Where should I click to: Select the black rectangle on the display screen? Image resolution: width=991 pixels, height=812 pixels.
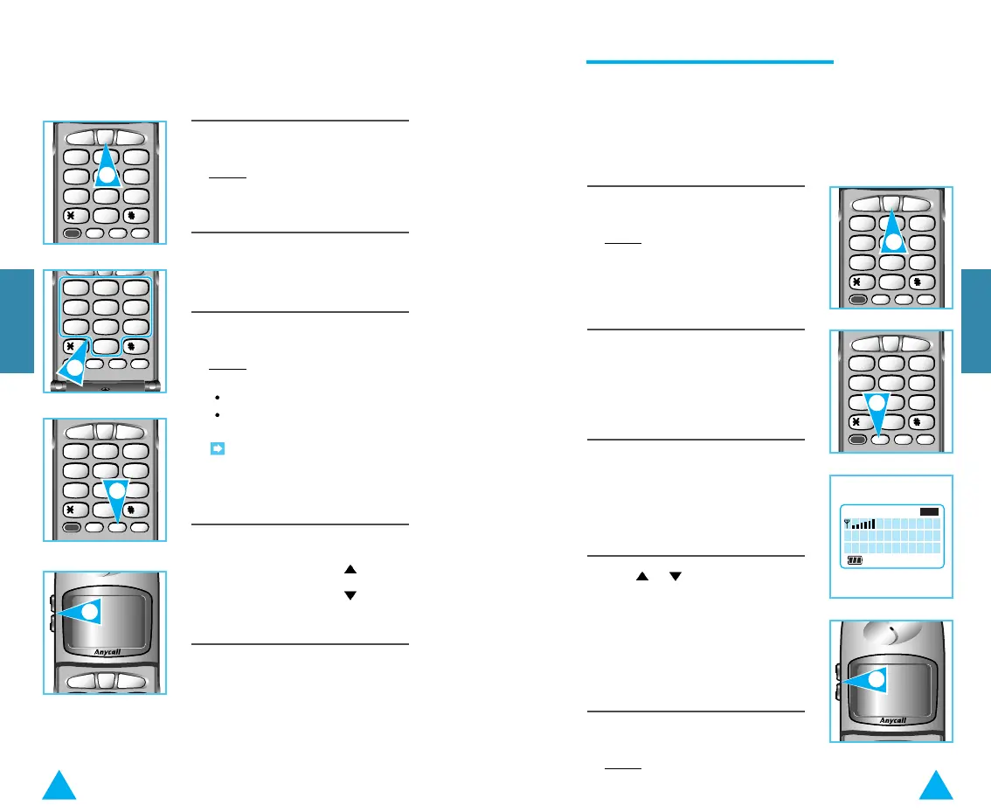tap(929, 511)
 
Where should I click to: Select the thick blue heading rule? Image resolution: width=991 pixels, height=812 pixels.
tap(709, 62)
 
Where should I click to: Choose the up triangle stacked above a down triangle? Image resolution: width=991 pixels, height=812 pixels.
tap(350, 569)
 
